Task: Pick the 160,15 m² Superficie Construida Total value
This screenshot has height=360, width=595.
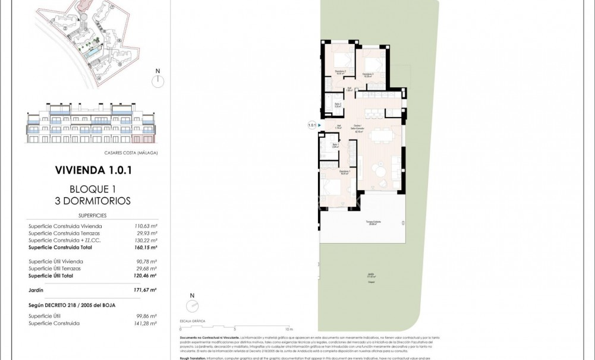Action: tap(145, 248)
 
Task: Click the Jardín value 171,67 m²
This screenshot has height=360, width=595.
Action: tap(145, 290)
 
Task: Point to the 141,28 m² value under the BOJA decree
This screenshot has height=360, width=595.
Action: tap(145, 323)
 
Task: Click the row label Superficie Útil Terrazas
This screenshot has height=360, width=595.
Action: tap(55, 269)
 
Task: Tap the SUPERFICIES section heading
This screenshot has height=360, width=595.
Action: tap(92, 216)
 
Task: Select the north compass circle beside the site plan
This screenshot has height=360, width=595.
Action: tap(158, 81)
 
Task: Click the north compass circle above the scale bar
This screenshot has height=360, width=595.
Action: tap(192, 305)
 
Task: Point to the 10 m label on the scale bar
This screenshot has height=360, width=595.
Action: tap(289, 329)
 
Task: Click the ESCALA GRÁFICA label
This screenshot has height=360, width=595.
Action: tap(193, 321)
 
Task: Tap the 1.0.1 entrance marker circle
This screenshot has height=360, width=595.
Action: tap(311, 125)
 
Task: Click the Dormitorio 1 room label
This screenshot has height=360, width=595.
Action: tap(344, 172)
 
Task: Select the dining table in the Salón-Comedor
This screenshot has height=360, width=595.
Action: tap(381, 135)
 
